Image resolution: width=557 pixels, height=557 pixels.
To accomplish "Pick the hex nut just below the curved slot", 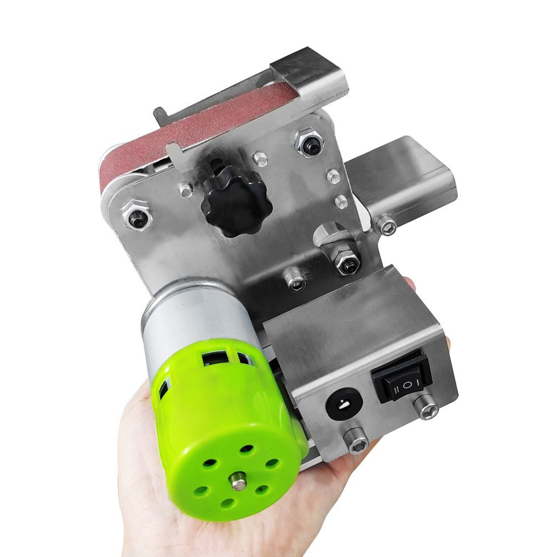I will [347, 263].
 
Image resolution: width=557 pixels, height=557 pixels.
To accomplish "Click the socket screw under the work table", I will [387, 226].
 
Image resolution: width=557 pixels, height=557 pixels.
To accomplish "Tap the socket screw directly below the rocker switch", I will [428, 407].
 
